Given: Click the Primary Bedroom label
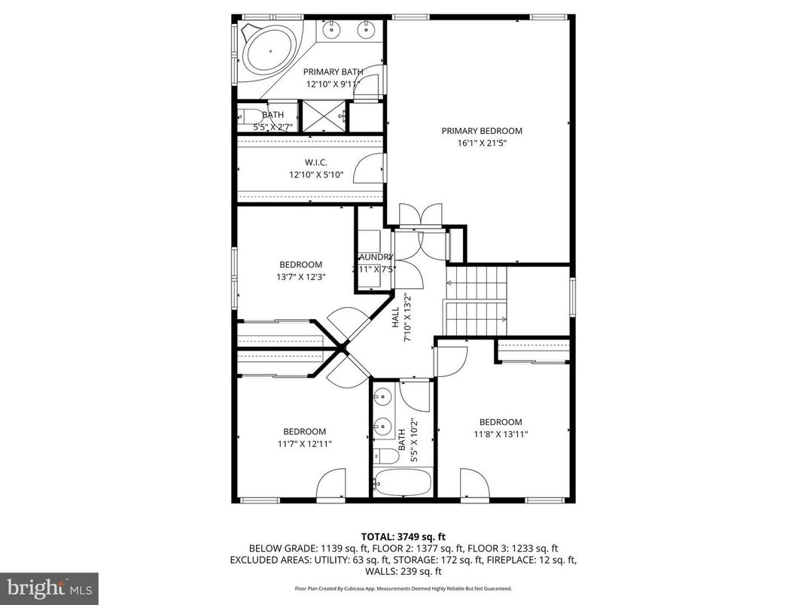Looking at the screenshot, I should tap(481, 131).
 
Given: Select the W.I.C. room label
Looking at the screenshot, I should tap(316, 163).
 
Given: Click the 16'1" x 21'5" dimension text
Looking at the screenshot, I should tap(481, 143).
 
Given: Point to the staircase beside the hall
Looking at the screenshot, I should tap(476, 301).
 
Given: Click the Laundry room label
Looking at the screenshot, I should tap(374, 257).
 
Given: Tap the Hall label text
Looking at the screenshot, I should tap(395, 317).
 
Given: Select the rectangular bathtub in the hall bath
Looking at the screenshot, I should tap(402, 482).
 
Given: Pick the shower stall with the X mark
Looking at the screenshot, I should tap(323, 117).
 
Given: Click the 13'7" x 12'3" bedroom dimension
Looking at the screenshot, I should tap(300, 276).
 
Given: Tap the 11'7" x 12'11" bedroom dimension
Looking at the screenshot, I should tap(305, 443).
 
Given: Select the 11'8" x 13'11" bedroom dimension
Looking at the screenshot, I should tap(501, 434).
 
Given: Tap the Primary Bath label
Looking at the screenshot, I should tap(333, 72).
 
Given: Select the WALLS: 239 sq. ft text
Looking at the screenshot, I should tap(403, 571).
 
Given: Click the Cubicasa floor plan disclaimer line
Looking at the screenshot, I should tap(403, 588).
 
